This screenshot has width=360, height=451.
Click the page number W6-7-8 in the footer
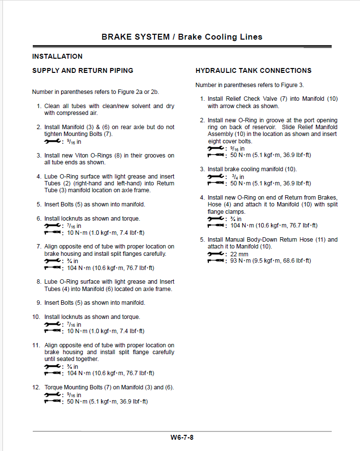click(x=182, y=437)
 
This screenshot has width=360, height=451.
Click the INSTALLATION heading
click(x=57, y=56)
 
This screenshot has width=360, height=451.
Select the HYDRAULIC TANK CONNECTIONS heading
click(x=253, y=70)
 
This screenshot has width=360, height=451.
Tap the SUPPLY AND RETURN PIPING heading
click(x=83, y=70)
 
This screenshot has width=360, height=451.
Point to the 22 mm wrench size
click(x=240, y=254)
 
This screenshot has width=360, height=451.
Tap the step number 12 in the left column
click(x=36, y=387)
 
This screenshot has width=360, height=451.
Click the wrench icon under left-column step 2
click(x=52, y=141)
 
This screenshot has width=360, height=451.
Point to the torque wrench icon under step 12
click(x=52, y=402)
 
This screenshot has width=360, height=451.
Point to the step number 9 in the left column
click(x=38, y=303)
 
